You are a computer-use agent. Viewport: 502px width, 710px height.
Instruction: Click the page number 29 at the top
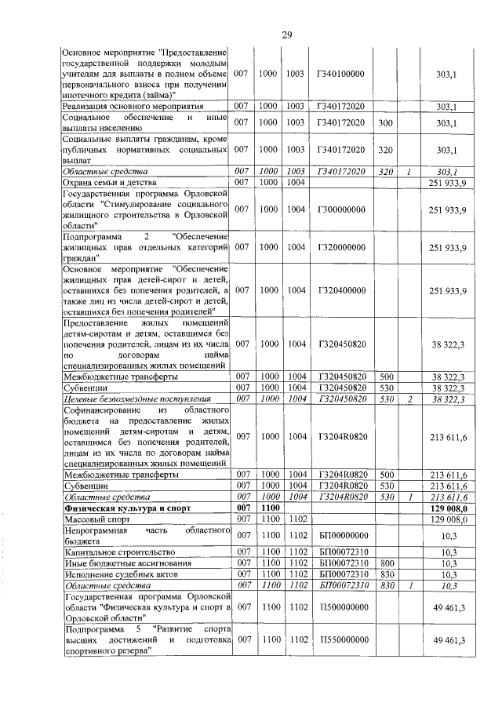(286, 35)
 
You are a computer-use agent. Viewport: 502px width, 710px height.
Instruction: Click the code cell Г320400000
(341, 291)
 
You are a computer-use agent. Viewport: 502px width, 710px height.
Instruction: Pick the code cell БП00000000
(341, 536)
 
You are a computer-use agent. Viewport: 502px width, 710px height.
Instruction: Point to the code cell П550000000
(341, 640)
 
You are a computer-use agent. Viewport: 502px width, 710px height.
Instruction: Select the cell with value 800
(386, 563)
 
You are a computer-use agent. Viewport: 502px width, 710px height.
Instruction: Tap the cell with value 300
(386, 122)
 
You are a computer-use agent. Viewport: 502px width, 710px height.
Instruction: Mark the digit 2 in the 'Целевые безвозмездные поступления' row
(409, 399)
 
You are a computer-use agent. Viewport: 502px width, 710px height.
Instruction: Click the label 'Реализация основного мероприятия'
(133, 106)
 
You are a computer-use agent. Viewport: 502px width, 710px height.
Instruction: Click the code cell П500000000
(341, 607)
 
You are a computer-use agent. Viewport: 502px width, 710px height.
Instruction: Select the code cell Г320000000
(341, 247)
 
